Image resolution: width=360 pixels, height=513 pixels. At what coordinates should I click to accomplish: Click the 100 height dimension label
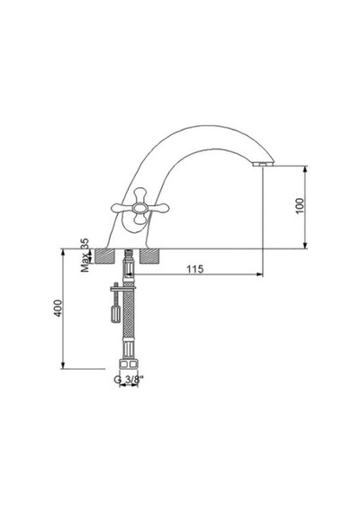pos(300,206)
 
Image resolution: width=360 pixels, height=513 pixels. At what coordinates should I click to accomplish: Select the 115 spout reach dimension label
pos(195,269)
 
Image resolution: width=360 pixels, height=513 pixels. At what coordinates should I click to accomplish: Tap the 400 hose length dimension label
pos(58,308)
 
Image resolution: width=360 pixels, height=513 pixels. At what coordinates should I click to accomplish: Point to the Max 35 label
pos(85,255)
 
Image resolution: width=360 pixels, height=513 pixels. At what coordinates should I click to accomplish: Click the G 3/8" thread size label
pos(129,380)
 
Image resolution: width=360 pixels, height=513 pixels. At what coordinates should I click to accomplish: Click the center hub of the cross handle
pos(140,207)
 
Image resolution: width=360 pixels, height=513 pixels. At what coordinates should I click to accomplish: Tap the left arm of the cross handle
pos(122,207)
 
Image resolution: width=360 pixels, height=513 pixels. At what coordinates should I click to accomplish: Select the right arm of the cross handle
pos(157,207)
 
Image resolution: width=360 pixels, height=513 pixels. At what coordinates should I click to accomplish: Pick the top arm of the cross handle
pos(140,195)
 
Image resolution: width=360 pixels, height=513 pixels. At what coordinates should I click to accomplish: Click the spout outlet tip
pos(263,164)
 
